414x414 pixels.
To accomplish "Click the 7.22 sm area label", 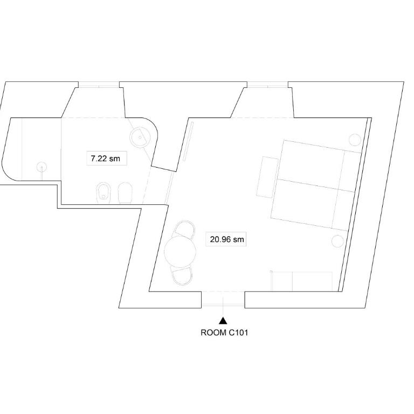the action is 105,158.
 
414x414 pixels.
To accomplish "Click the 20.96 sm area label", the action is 227,239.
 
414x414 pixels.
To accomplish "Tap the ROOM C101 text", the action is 224,333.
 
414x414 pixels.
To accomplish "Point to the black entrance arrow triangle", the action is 223,321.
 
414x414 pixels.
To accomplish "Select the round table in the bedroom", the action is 180,252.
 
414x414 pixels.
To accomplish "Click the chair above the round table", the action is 184,229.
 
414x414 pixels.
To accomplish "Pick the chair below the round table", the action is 182,276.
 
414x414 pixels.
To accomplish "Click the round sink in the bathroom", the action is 140,137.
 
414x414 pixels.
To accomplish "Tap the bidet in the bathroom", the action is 103,193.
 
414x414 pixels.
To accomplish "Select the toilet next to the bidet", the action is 125,193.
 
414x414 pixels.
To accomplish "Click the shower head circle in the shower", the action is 42,167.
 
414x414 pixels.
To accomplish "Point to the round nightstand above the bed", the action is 355,140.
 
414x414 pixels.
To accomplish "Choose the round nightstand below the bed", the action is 337,241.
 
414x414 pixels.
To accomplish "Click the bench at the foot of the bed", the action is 267,177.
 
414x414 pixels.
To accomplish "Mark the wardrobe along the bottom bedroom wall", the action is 302,281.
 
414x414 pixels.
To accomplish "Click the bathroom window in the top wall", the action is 99,85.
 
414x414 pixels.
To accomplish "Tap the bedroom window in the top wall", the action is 267,85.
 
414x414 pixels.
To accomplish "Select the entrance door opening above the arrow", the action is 223,299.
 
